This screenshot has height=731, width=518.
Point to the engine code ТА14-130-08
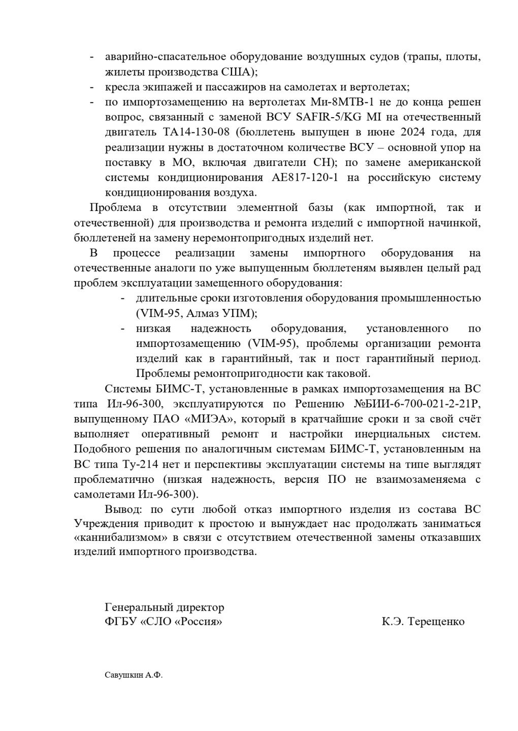coord(182,132)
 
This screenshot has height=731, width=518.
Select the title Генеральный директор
coord(164,607)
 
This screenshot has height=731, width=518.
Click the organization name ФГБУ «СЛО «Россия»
coord(164,622)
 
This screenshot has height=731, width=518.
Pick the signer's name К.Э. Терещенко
coord(424,622)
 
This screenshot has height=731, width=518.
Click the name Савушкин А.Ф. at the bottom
coord(130,676)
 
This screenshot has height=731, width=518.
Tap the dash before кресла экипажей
coord(92,87)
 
